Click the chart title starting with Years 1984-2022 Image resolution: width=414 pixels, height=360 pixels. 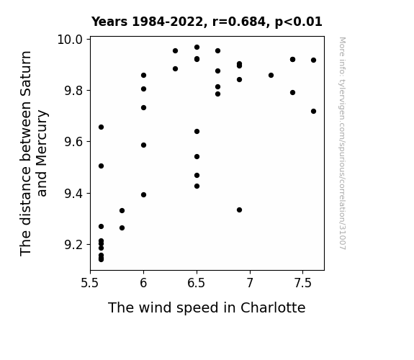click(207, 22)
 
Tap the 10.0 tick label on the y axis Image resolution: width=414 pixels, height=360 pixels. click(70, 40)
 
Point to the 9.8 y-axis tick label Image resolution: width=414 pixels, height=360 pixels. click(73, 91)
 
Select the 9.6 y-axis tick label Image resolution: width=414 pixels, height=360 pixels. click(73, 142)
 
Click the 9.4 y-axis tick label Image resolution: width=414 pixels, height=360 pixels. click(73, 194)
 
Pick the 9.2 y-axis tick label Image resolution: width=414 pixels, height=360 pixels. click(73, 245)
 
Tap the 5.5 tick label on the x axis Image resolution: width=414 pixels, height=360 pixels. click(90, 283)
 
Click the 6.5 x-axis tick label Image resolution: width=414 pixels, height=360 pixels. click(196, 283)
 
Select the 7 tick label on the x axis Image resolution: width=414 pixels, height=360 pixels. click(250, 283)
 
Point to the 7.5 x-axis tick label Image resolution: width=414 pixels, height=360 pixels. click(303, 283)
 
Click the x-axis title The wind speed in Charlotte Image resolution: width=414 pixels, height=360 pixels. click(207, 307)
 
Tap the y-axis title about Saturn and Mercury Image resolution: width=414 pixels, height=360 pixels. click(33, 153)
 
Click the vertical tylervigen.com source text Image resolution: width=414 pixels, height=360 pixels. click(342, 143)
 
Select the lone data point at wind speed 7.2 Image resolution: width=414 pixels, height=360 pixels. click(271, 76)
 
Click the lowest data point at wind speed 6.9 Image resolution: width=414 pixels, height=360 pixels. click(239, 210)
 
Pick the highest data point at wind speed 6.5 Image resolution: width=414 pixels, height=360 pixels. click(197, 48)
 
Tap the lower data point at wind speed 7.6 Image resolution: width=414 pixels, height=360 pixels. click(313, 111)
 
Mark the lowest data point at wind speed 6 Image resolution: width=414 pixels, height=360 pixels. click(143, 195)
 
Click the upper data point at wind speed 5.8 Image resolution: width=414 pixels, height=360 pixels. click(122, 210)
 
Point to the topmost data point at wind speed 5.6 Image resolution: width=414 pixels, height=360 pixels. click(101, 127)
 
